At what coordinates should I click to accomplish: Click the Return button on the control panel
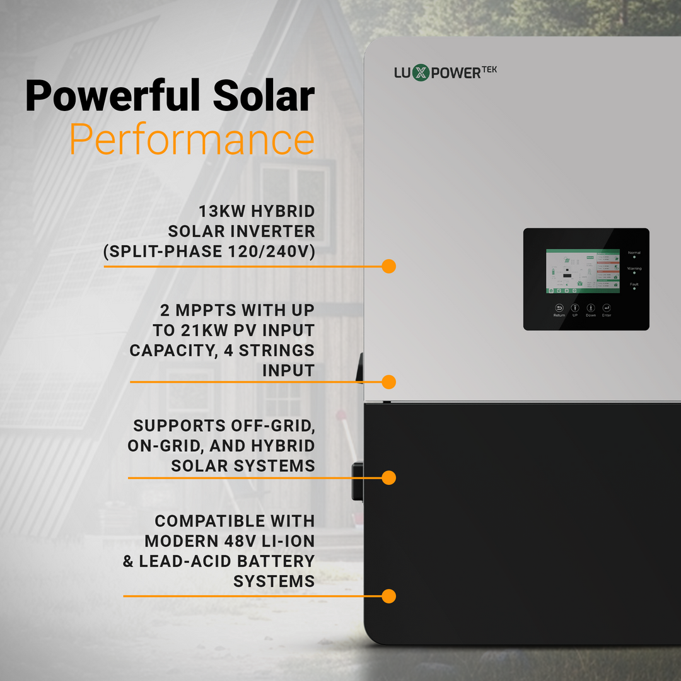pos(559,308)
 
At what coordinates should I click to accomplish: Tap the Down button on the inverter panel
pos(591,308)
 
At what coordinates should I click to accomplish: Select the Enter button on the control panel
pos(607,308)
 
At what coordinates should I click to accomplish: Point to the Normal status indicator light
pos(634,257)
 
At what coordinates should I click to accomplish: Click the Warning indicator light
pos(634,273)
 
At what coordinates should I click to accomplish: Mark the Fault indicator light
pos(634,289)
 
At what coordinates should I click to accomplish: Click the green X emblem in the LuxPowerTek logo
pos(421,73)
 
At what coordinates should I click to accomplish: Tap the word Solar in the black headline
pos(263,96)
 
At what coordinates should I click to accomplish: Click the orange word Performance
pos(192,140)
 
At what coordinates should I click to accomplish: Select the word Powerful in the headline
pos(113,96)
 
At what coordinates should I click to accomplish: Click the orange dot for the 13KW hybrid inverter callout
pos(388,266)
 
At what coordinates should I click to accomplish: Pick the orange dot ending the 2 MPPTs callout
pos(388,381)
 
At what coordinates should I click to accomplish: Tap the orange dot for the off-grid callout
pos(388,477)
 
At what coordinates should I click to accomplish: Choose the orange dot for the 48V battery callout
pos(388,596)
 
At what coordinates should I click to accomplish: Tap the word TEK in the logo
pos(489,69)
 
